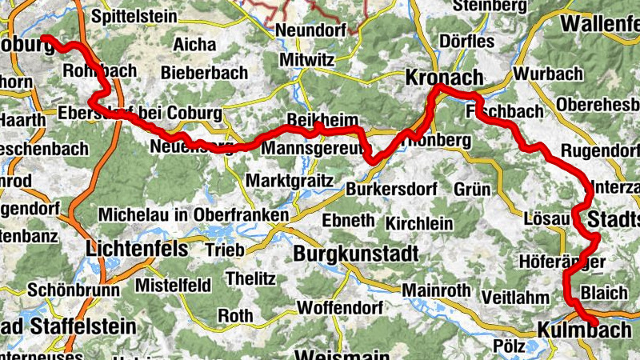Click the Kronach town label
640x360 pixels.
coord(444,78)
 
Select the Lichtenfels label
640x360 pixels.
coord(137,250)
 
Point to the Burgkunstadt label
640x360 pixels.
coord(356,255)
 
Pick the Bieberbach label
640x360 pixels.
coord(204,73)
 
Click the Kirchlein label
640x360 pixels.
coord(419,222)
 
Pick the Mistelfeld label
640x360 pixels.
coord(174,286)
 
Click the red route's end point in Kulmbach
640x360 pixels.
coord(594,320)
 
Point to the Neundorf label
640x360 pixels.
coord(310,30)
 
